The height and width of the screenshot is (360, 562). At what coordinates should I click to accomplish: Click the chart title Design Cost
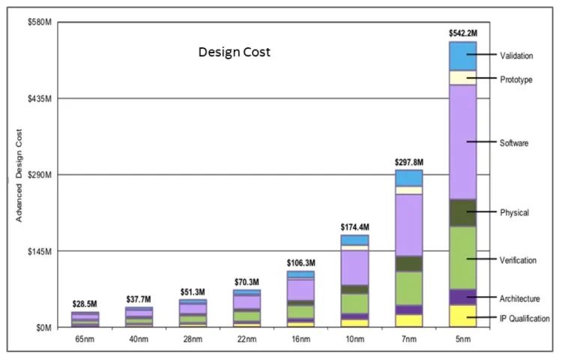[234, 52]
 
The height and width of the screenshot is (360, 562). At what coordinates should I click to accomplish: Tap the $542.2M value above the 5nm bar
[462, 33]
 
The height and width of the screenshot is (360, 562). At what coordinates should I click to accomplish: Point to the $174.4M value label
[354, 226]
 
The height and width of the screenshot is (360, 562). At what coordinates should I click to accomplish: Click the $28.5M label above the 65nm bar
[85, 304]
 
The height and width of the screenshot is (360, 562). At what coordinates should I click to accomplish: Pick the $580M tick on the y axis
[37, 22]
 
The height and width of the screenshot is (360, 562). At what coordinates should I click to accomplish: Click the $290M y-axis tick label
[37, 175]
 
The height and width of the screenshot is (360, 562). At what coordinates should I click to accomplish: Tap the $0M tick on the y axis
[41, 328]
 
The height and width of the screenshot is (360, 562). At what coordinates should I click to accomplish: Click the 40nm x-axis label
[139, 340]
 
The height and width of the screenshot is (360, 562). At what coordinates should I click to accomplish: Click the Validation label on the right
[516, 55]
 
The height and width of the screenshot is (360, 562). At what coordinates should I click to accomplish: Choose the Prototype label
[516, 79]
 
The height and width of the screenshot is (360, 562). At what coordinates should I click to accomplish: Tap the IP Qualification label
[525, 318]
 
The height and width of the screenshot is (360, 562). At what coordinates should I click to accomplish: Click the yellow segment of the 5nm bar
[462, 316]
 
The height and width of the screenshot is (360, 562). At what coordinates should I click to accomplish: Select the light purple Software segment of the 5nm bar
[462, 141]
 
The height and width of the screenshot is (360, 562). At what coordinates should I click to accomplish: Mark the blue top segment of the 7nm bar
[409, 178]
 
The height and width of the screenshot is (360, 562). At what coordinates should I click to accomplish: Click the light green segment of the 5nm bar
[462, 257]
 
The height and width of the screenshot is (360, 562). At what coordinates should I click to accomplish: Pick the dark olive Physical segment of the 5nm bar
[462, 212]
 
